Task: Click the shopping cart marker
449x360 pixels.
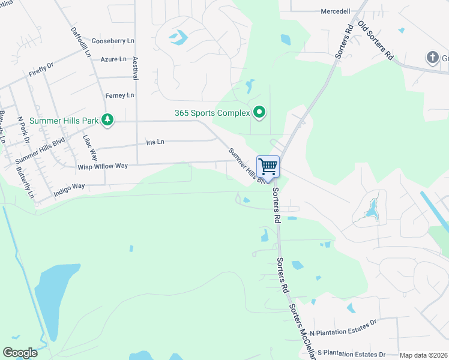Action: [268, 166]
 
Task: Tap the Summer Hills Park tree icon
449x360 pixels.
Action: [107, 121]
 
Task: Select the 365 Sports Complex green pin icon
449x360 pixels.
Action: [259, 112]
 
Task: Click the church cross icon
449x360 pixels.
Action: [432, 58]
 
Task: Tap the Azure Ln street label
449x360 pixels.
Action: [113, 59]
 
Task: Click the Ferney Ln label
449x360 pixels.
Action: [119, 95]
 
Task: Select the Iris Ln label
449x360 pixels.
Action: [155, 142]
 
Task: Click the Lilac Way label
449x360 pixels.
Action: [89, 146]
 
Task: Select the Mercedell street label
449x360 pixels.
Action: [336, 11]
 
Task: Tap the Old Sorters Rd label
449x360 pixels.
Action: [376, 40]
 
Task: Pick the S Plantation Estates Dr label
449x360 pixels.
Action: [351, 354]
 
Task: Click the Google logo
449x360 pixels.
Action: [20, 353]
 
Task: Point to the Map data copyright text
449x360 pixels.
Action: [423, 355]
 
